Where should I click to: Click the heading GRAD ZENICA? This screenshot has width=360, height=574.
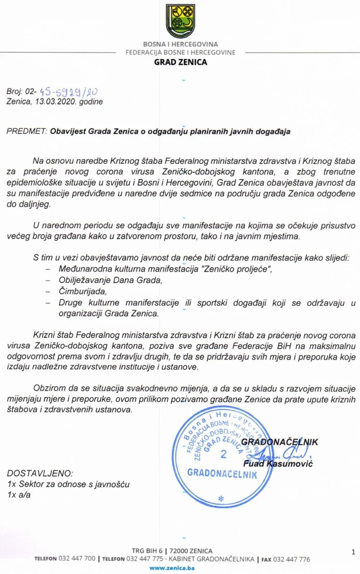pyautogui.click(x=181, y=62)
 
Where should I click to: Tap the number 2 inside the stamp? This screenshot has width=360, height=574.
pyautogui.click(x=223, y=455)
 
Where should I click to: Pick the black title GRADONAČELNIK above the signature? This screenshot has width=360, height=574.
pyautogui.click(x=279, y=442)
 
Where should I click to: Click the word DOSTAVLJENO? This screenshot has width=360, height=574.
pyautogui.click(x=40, y=473)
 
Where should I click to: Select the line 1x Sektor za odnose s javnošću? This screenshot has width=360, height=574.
pyautogui.click(x=68, y=485)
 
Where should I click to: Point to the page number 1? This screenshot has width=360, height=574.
pyautogui.click(x=352, y=552)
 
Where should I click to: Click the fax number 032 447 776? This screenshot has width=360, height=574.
pyautogui.click(x=293, y=559)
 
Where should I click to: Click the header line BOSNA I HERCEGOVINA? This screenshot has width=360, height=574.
pyautogui.click(x=181, y=44)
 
